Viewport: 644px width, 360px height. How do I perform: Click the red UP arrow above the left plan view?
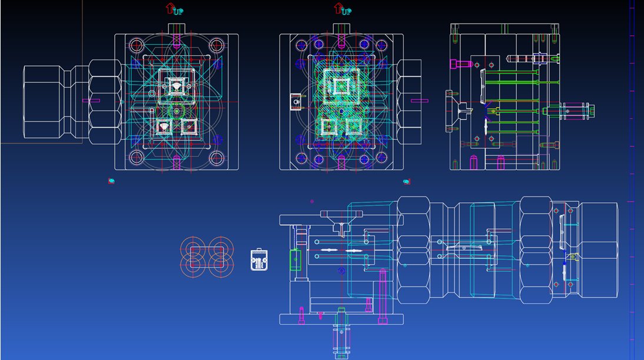[x=170, y=8]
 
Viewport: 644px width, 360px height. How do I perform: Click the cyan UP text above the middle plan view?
[x=347, y=12]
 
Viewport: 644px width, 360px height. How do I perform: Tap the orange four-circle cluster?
[x=207, y=257]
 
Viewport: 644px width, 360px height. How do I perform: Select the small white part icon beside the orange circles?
[x=259, y=260]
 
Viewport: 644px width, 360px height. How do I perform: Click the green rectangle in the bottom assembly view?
[x=296, y=260]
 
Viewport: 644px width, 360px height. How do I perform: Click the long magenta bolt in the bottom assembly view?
[x=383, y=296]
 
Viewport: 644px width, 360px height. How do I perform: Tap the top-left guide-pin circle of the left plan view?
[x=137, y=45]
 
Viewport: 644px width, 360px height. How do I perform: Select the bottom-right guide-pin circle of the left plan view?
[x=217, y=157]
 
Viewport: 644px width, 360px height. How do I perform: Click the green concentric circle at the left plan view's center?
[x=177, y=111]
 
